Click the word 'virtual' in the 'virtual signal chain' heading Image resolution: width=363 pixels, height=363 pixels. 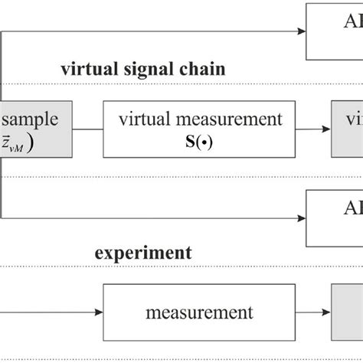87,70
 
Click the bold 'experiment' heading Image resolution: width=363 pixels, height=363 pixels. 142,253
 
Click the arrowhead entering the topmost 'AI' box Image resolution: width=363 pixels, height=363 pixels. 300,31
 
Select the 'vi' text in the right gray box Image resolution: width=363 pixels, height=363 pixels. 352,119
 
